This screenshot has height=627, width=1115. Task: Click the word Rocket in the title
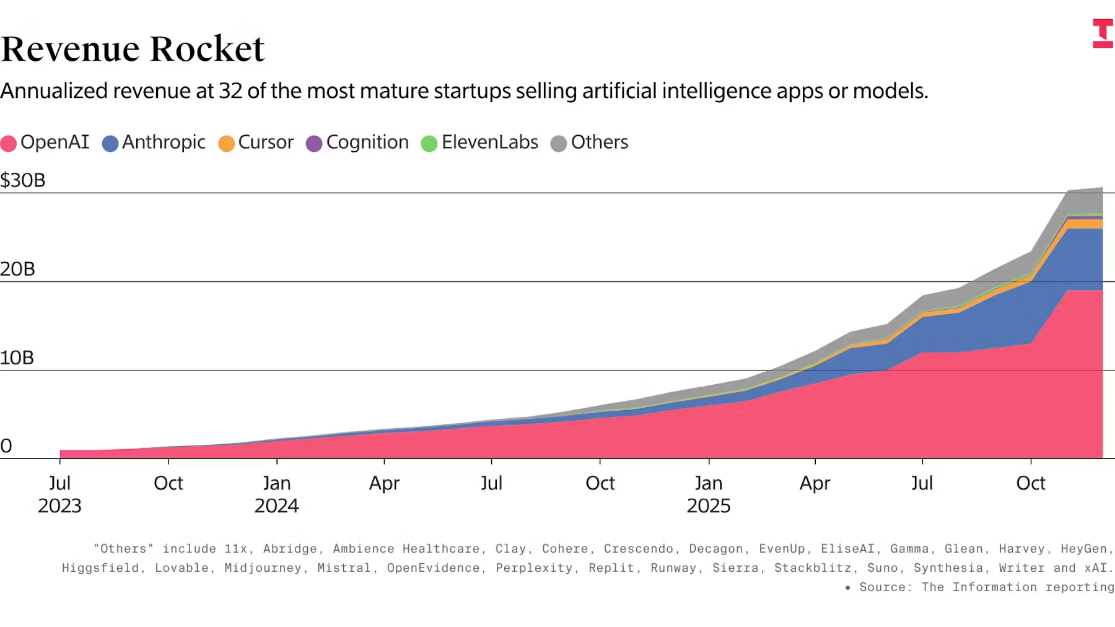[207, 49]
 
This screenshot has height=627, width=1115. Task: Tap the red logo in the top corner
[1102, 33]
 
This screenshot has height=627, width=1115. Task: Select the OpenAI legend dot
[9, 144]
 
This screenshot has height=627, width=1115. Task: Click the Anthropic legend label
[164, 142]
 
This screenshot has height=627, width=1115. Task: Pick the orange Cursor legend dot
[227, 144]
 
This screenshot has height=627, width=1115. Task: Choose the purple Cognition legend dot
[314, 144]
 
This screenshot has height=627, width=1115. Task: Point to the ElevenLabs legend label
[489, 142]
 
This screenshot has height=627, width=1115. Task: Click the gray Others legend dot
[559, 144]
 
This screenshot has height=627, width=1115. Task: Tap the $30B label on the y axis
[23, 180]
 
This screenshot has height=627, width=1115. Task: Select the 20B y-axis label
[18, 269]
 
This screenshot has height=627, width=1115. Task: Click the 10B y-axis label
[17, 357]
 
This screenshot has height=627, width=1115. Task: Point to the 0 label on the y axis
[6, 446]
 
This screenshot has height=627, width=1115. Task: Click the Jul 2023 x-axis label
[59, 494]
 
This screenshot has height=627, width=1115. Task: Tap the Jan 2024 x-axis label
[276, 494]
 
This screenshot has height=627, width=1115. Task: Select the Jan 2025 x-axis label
[709, 494]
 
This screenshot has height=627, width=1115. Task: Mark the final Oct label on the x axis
[1031, 483]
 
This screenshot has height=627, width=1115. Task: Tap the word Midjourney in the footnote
[263, 568]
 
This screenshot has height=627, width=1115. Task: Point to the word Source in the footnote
[885, 587]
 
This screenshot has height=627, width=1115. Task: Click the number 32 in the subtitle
[230, 91]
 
